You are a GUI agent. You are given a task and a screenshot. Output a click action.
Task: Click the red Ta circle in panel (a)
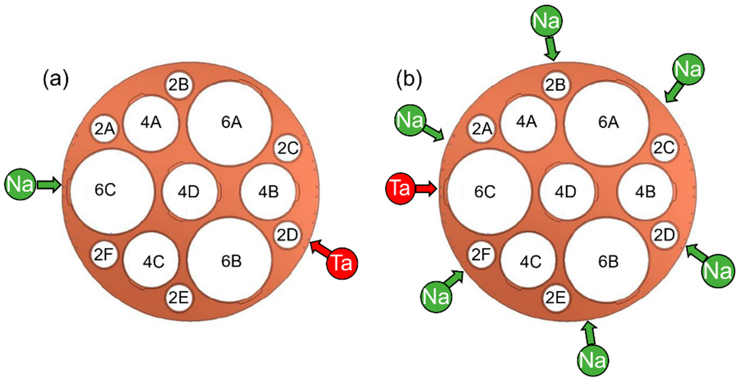[x=342, y=263]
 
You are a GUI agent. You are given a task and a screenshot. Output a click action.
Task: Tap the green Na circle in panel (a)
[x=20, y=184]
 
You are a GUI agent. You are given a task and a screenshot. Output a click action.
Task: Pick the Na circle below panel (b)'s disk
[x=593, y=360]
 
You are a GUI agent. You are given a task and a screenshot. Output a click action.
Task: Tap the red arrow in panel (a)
[x=320, y=249]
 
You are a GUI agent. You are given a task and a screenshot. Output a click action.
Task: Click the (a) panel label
[x=56, y=80]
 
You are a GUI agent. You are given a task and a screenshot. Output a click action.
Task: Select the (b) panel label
[x=409, y=80]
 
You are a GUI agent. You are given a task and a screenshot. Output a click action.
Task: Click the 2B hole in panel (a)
[x=179, y=85]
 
